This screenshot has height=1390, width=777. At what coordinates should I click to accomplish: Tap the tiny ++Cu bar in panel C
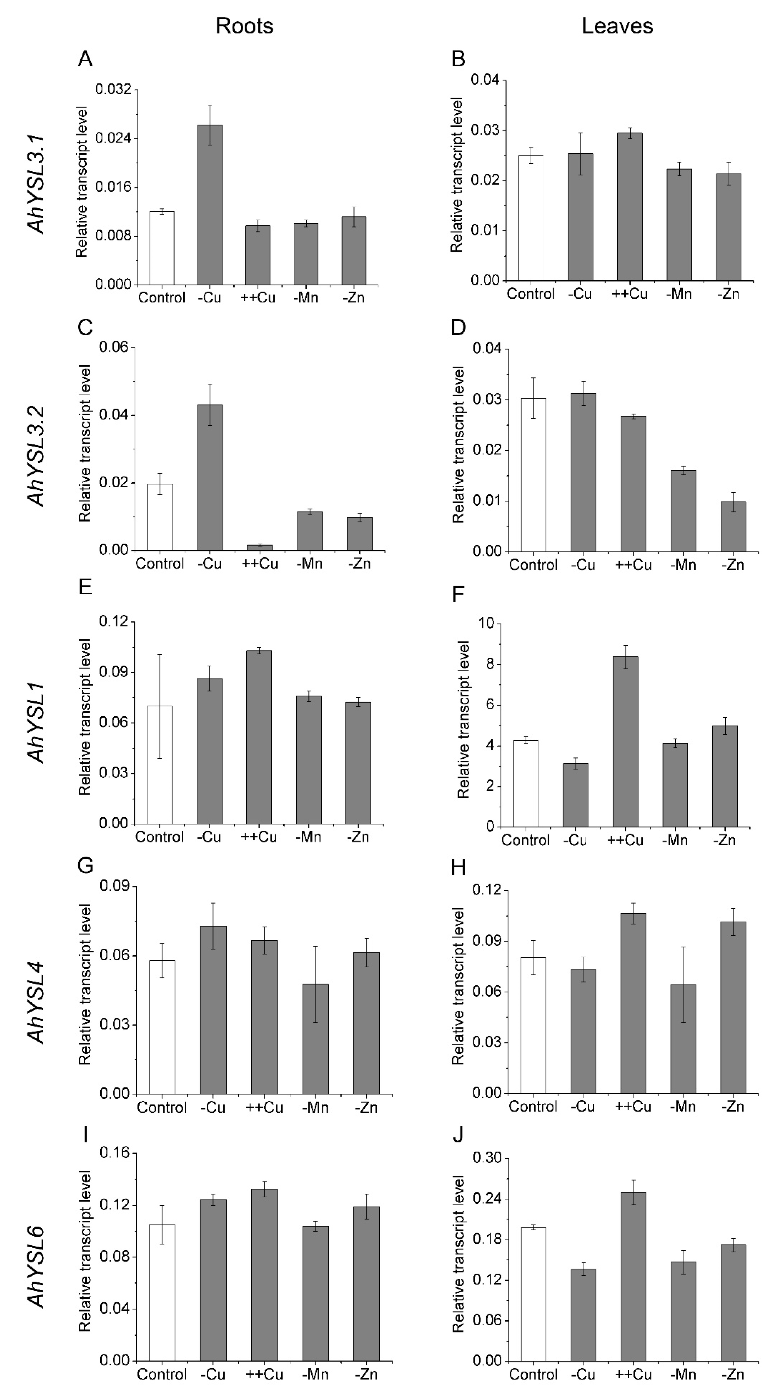click(x=260, y=547)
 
